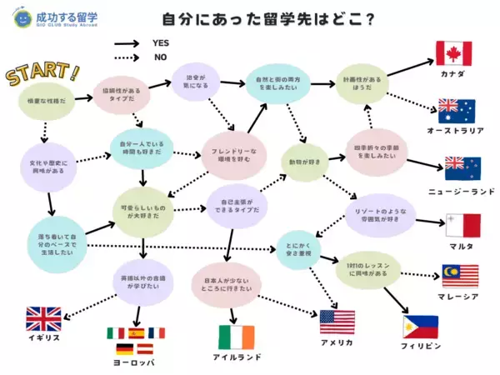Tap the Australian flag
point(456,111)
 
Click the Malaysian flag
point(460,276)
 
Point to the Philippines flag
point(421,326)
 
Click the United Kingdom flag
point(43,319)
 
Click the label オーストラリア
point(456,132)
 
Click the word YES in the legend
point(162,42)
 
